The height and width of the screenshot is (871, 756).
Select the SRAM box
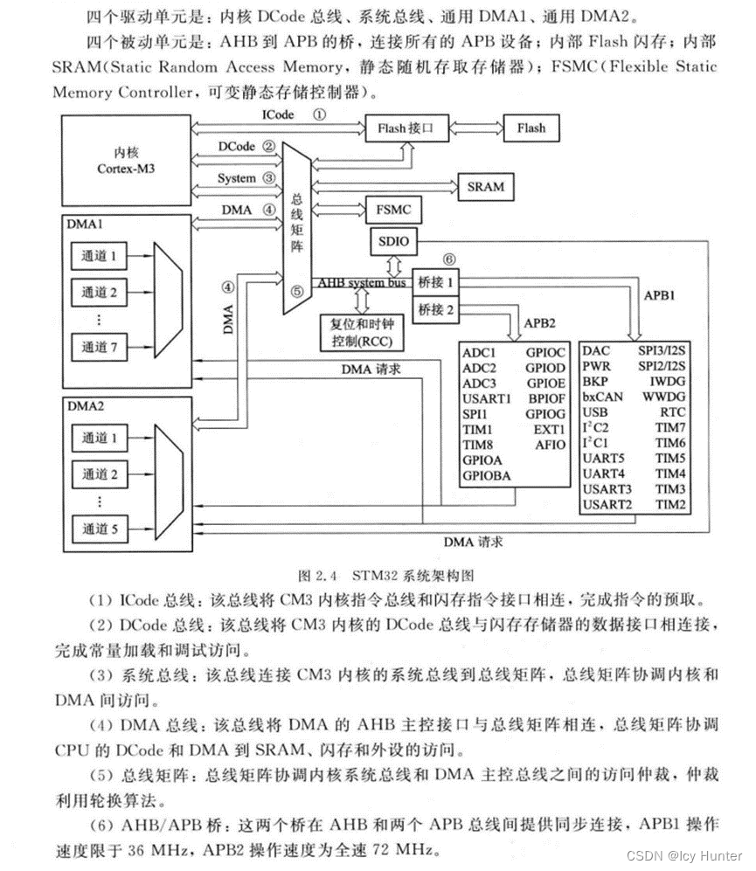click(484, 186)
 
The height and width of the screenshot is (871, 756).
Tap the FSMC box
click(392, 211)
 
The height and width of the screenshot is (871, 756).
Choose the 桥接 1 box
click(437, 283)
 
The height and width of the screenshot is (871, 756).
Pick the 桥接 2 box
click(437, 308)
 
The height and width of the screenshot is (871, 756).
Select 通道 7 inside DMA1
click(100, 346)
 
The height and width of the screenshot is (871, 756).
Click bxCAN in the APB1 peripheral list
click(603, 397)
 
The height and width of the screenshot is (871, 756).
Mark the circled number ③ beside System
click(268, 177)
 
